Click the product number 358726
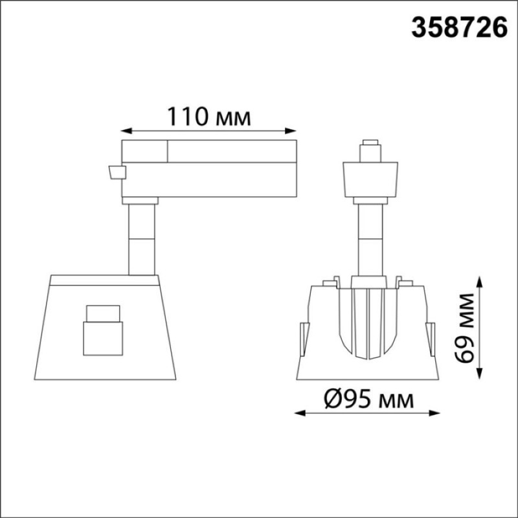459,28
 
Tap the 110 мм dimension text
209,117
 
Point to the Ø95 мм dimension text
368,399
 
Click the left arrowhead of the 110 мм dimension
126,131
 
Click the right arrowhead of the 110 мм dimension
291,131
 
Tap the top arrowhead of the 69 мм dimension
480,282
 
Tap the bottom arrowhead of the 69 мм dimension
480,374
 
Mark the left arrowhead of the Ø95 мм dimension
300,413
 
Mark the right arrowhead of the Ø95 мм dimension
434,413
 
